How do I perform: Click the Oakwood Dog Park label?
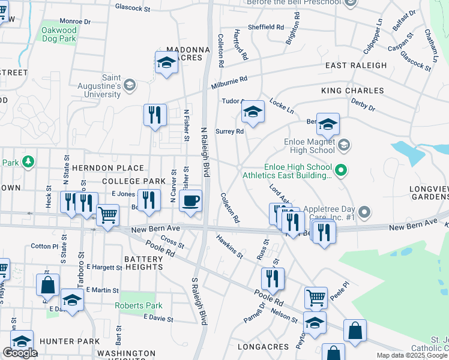pos(59,34)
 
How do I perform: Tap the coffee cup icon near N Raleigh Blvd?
pos(190,201)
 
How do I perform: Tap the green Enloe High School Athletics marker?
pos(341,171)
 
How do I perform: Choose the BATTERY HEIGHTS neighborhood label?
pos(135,263)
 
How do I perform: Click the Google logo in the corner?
pos(20,353)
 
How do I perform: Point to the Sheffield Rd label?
pos(266,27)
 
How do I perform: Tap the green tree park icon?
pos(28,162)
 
